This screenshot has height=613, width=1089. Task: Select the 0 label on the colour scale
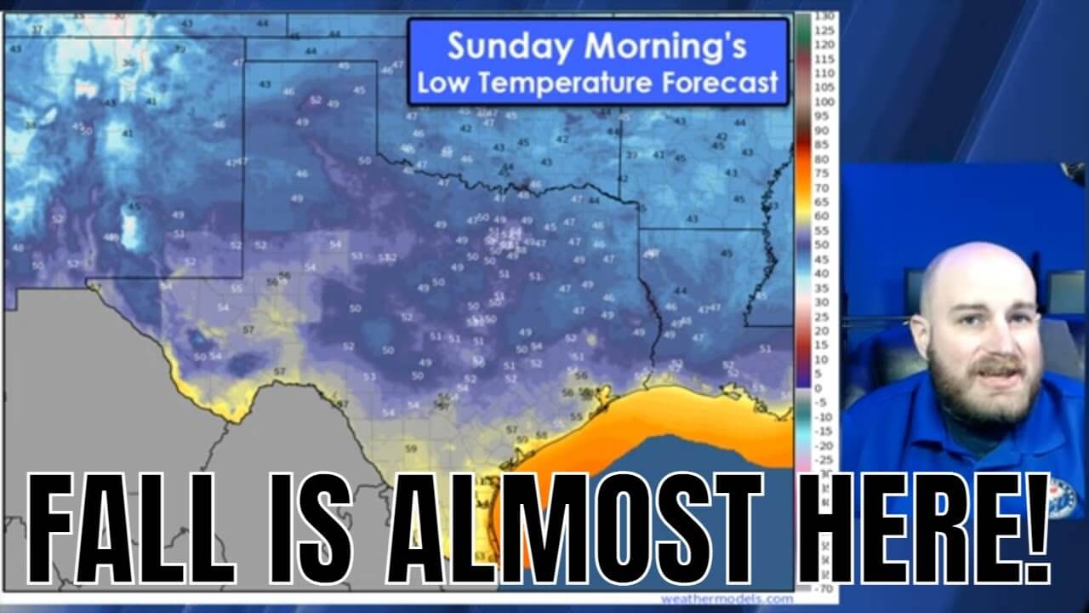click(x=818, y=388)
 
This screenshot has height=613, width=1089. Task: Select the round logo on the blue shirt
click(x=1060, y=495)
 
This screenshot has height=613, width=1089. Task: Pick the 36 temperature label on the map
click(x=128, y=62)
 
